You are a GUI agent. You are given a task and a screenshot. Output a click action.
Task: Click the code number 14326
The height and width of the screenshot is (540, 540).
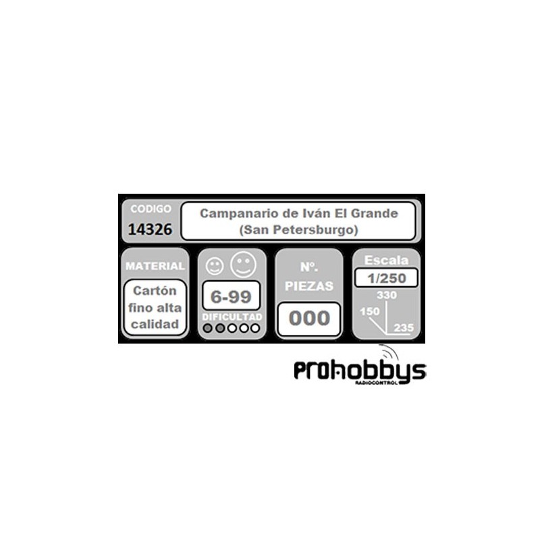pyautogui.click(x=150, y=230)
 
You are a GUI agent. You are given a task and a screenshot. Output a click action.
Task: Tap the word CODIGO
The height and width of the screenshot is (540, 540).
pyautogui.click(x=151, y=209)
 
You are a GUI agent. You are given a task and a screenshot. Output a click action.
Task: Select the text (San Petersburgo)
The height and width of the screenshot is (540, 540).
pyautogui.click(x=298, y=230)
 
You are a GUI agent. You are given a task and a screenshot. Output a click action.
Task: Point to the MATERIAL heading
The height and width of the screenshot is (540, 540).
pyautogui.click(x=155, y=266)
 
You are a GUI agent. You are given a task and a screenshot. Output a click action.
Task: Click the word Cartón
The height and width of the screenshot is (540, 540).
pyautogui.click(x=155, y=291)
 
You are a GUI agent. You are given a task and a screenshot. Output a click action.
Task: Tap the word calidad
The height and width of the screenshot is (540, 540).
pyautogui.click(x=155, y=323)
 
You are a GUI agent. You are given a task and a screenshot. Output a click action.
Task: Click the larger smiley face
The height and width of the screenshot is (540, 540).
pyautogui.click(x=242, y=264)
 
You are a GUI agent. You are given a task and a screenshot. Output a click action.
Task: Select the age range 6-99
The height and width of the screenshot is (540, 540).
pyautogui.click(x=232, y=296)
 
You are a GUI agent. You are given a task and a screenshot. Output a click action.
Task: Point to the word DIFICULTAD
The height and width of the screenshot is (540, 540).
pyautogui.click(x=232, y=316)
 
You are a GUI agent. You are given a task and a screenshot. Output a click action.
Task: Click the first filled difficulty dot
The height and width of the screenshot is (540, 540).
pyautogui.click(x=209, y=328)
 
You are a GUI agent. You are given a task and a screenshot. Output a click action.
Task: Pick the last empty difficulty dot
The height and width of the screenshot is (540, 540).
pyautogui.click(x=254, y=328)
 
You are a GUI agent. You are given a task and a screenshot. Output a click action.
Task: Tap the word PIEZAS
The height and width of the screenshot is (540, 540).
pyautogui.click(x=308, y=286)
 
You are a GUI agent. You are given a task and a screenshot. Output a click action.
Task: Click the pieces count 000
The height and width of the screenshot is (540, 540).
pyautogui.click(x=309, y=318)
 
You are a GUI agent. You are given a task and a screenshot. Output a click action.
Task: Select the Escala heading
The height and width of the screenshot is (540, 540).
pyautogui.click(x=385, y=261)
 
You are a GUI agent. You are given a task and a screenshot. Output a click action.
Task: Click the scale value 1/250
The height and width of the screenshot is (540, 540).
pyautogui.click(x=385, y=277)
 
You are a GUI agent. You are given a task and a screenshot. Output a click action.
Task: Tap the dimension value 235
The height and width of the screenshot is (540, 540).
pyautogui.click(x=404, y=327)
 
